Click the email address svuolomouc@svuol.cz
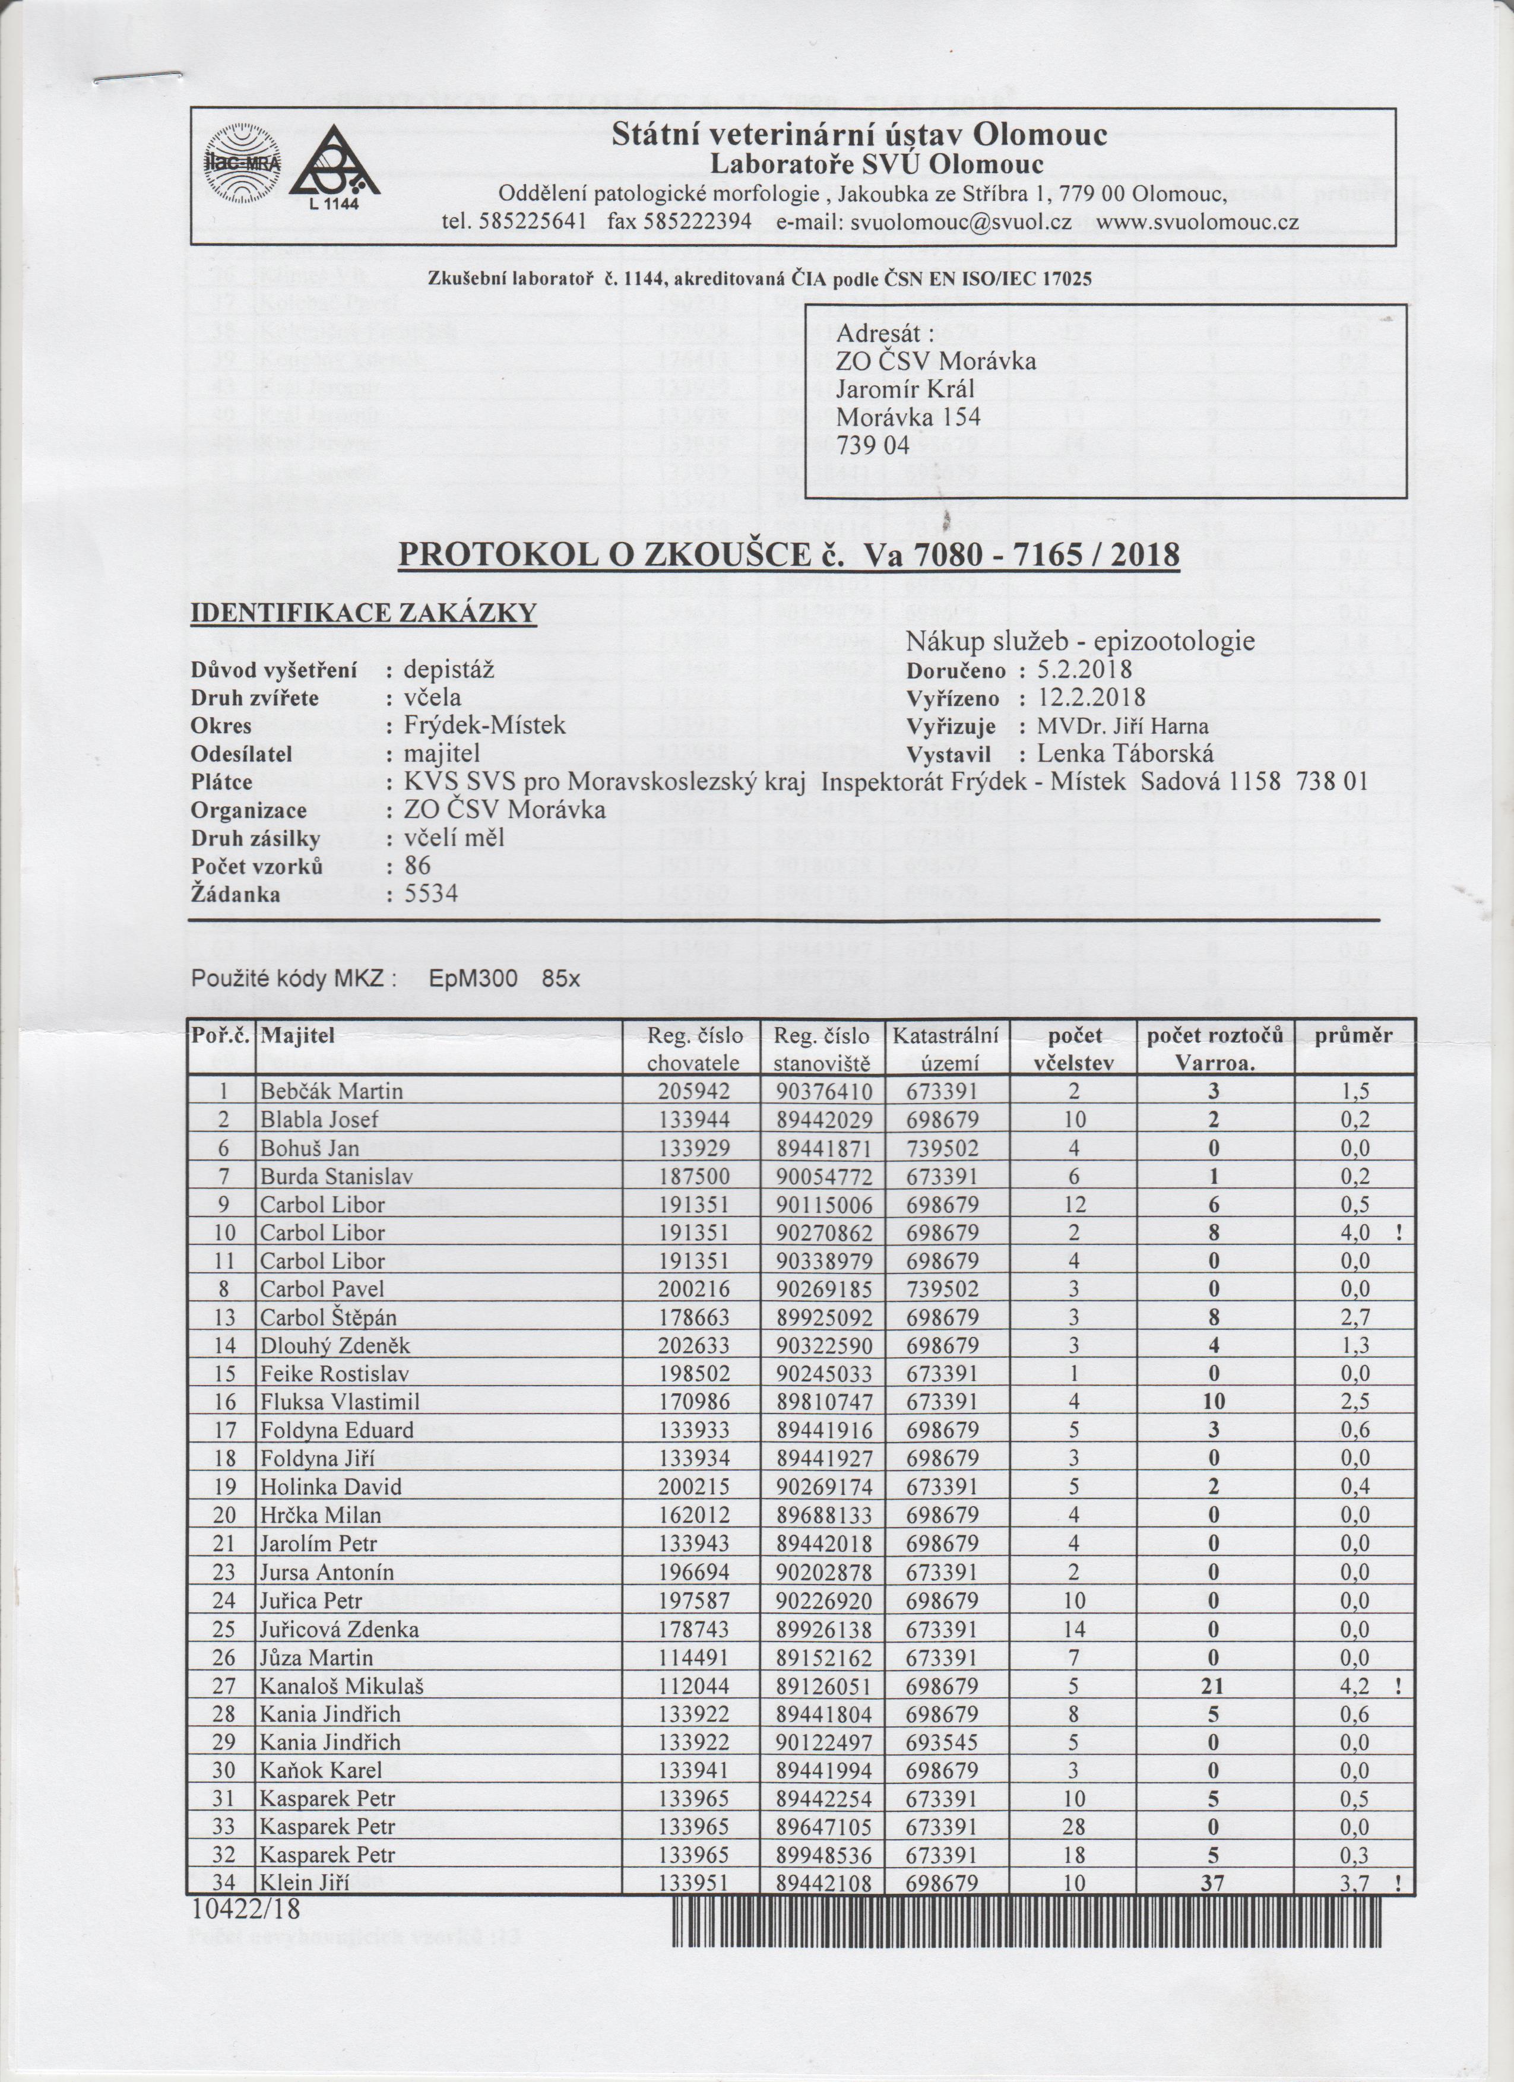point(961,222)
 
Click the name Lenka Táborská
point(1126,754)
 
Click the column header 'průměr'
point(1353,1035)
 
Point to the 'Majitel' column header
point(299,1035)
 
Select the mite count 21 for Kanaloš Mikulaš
point(1213,1685)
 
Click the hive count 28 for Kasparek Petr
point(1073,1827)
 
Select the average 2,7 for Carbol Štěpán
point(1355,1317)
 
